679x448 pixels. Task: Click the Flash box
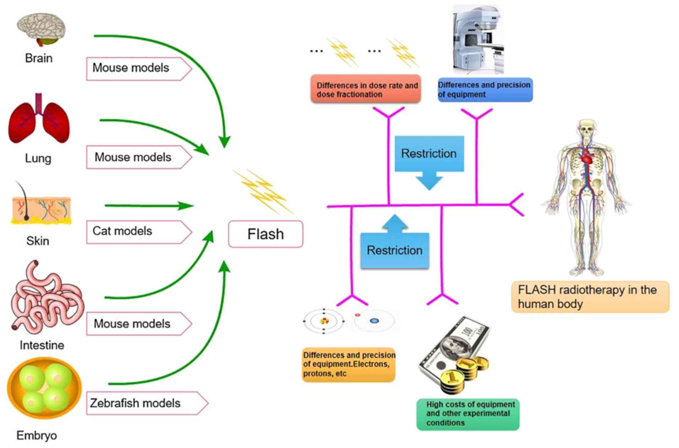[x=265, y=234]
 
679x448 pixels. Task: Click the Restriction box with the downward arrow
[x=429, y=154]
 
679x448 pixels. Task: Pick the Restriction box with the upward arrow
[x=395, y=250]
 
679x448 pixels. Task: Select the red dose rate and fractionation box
[x=366, y=89]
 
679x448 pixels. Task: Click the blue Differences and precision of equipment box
[x=485, y=90]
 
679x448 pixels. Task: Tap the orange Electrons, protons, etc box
[x=349, y=365]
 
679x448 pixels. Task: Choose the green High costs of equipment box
[x=468, y=414]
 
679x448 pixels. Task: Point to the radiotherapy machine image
[x=478, y=39]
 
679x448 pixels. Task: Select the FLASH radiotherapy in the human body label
[x=590, y=297]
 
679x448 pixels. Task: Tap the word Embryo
[x=37, y=435]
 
